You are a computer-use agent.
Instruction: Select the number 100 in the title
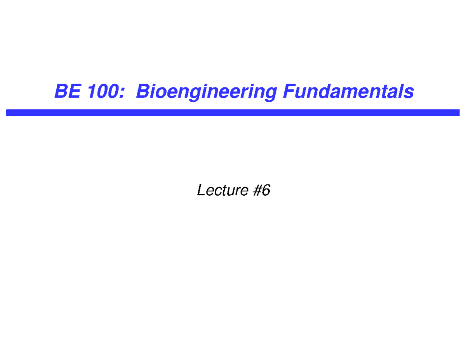[x=99, y=92]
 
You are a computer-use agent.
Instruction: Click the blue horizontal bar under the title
[x=233, y=113]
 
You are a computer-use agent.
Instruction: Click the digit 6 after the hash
[x=265, y=190]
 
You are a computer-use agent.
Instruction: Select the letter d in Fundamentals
[x=329, y=92]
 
